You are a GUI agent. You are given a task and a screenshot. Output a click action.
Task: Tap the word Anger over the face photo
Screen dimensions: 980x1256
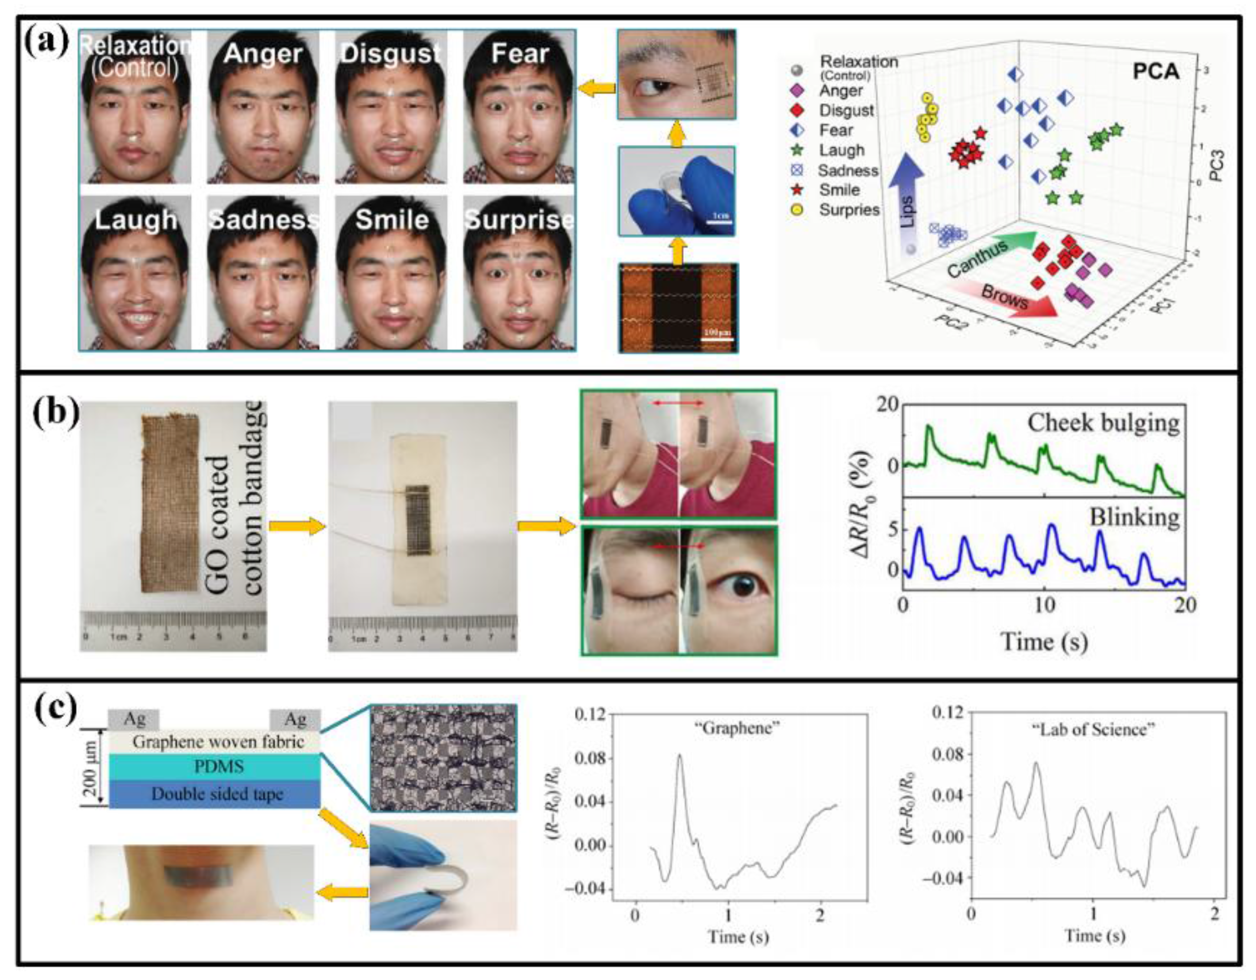pyautogui.click(x=263, y=54)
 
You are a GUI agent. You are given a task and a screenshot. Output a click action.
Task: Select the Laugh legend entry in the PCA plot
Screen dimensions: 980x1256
pyautogui.click(x=841, y=150)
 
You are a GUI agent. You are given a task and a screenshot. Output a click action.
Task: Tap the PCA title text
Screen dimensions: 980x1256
pyautogui.click(x=1156, y=71)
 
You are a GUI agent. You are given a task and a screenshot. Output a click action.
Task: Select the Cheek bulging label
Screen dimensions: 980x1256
pyautogui.click(x=1103, y=423)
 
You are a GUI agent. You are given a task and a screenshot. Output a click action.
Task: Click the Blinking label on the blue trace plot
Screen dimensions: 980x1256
pyautogui.click(x=1134, y=518)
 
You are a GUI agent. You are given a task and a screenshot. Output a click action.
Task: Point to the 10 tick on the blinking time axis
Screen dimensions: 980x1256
pyautogui.click(x=1044, y=605)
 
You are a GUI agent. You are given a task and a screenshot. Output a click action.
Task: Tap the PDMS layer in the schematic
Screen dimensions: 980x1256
pyautogui.click(x=214, y=767)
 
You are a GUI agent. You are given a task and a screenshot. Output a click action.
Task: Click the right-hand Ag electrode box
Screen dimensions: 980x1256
pyautogui.click(x=295, y=719)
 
